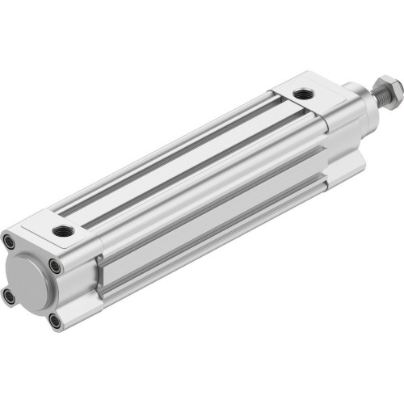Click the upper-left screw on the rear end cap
[8, 242]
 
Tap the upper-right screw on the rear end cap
[54, 265]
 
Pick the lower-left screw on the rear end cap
[9, 297]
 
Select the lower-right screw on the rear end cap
[54, 321]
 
